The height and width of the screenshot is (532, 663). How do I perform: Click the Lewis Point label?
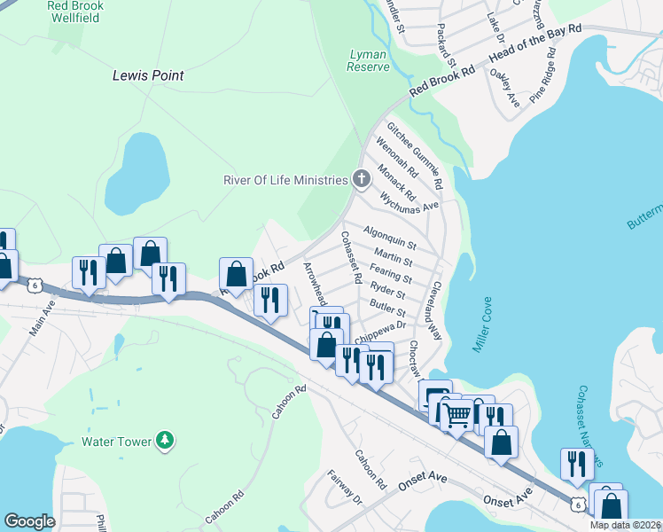pyautogui.click(x=148, y=75)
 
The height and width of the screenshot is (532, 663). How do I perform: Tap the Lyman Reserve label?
pyautogui.click(x=367, y=60)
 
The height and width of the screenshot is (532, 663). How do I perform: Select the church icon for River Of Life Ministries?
pyautogui.click(x=361, y=180)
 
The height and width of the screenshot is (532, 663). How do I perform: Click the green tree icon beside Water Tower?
pyautogui.click(x=163, y=441)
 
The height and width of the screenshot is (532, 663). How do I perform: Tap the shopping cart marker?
pyautogui.click(x=457, y=414)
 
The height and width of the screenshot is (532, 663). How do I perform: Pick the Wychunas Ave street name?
pyautogui.click(x=409, y=200)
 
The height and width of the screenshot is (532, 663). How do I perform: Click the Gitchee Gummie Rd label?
pyautogui.click(x=414, y=158)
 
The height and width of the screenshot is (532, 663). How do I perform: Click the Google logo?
pyautogui.click(x=29, y=521)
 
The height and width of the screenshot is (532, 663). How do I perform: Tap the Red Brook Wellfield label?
pyautogui.click(x=75, y=12)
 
